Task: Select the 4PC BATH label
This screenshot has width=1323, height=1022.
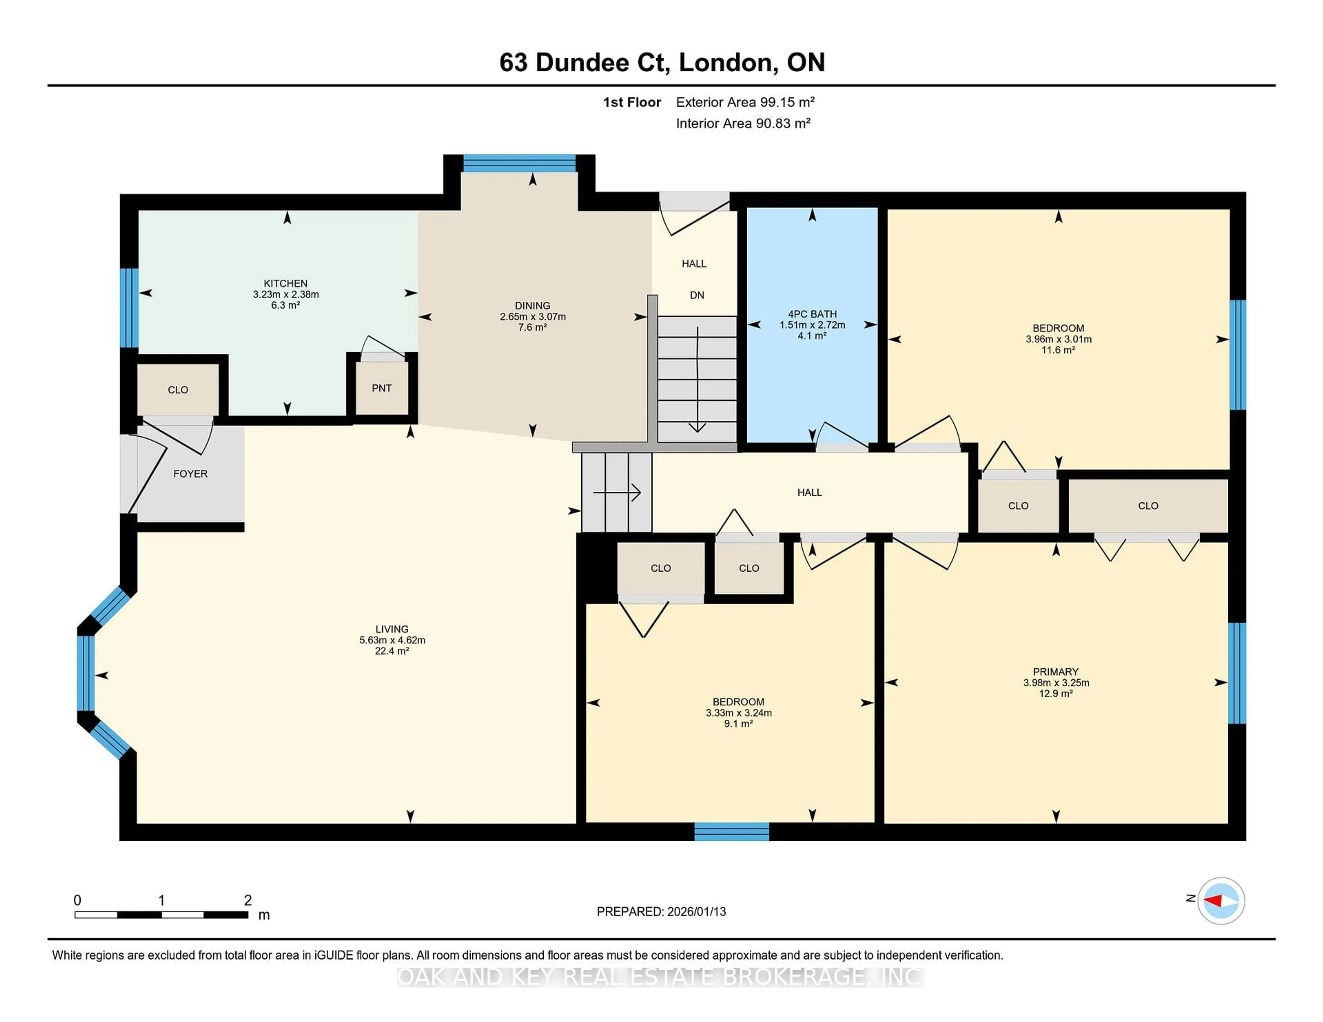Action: click(812, 314)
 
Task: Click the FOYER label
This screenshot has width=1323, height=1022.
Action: click(190, 473)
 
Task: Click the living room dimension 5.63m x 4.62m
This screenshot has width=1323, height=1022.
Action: click(392, 640)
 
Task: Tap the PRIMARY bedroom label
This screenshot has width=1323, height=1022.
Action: click(1055, 671)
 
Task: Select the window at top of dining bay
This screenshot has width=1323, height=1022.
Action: click(519, 164)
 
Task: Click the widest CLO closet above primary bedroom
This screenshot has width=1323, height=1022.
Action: click(1147, 505)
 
